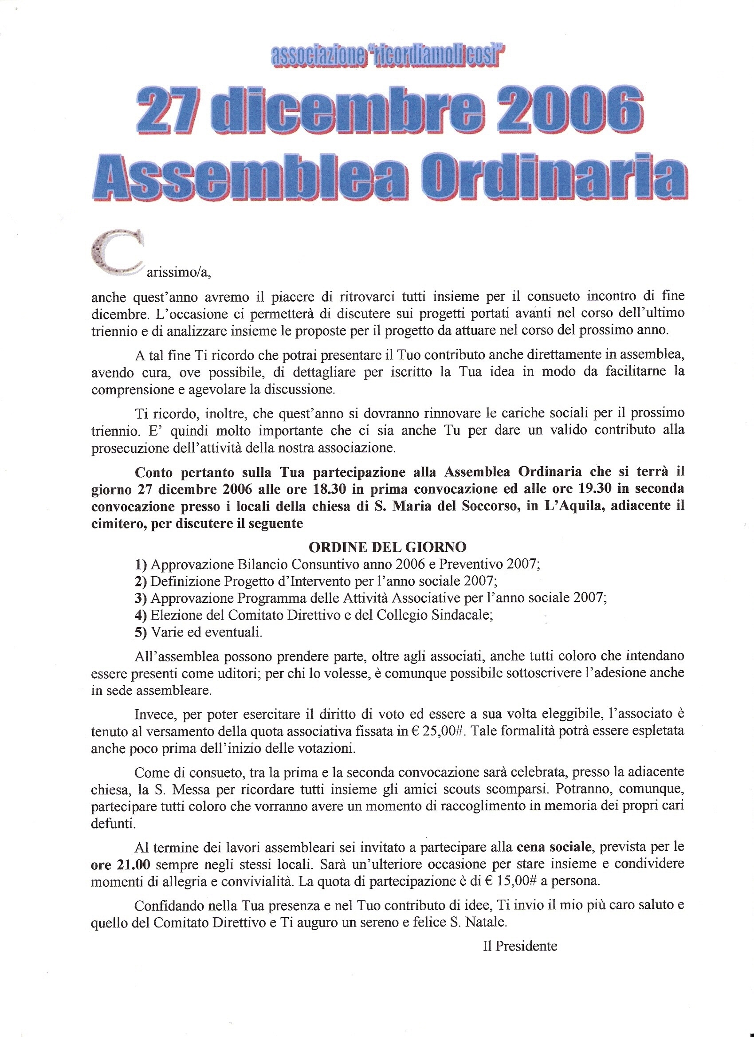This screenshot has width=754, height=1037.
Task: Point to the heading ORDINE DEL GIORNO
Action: pyautogui.click(x=387, y=547)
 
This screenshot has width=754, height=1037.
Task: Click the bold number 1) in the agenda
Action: pyautogui.click(x=141, y=564)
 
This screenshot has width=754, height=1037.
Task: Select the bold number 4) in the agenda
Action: pyautogui.click(x=141, y=616)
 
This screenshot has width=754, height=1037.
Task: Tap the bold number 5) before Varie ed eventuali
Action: pyautogui.click(x=141, y=632)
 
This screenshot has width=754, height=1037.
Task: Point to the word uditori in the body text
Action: pyautogui.click(x=238, y=673)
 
